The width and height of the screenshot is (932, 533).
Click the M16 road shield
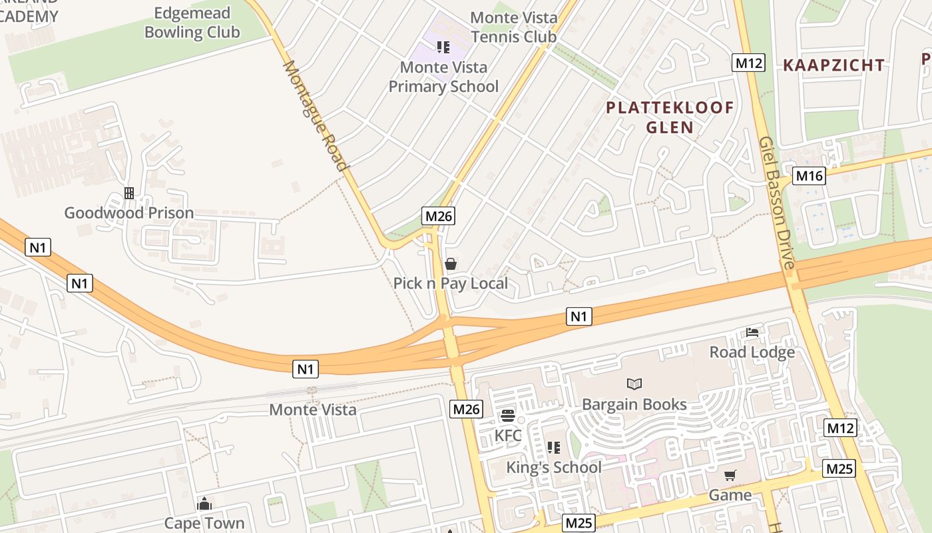pyautogui.click(x=809, y=176)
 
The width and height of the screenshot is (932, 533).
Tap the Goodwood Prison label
pyautogui.click(x=128, y=213)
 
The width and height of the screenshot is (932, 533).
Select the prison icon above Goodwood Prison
pyautogui.click(x=129, y=193)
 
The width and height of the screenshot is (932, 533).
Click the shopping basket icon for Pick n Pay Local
pyautogui.click(x=451, y=264)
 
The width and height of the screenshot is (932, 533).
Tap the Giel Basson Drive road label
pyautogui.click(x=777, y=203)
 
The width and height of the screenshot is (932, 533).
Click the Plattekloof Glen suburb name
pyautogui.click(x=670, y=117)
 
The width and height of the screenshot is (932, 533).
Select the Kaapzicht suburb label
pyautogui.click(x=833, y=65)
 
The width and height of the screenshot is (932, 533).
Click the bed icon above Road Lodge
pyautogui.click(x=752, y=332)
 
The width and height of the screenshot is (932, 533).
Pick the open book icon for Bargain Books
pyautogui.click(x=634, y=384)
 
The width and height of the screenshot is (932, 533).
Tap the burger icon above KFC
pyautogui.click(x=508, y=416)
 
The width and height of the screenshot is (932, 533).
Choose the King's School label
pyautogui.click(x=554, y=467)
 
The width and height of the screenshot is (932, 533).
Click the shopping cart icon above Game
pyautogui.click(x=730, y=475)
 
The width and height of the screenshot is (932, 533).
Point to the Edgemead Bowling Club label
pyautogui.click(x=192, y=23)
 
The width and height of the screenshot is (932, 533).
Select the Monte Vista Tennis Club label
pyautogui.click(x=513, y=27)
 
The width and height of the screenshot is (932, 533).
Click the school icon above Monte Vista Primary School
pyautogui.click(x=443, y=47)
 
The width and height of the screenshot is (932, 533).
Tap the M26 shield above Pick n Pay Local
pyautogui.click(x=439, y=215)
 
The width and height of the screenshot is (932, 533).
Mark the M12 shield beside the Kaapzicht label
pyautogui.click(x=749, y=63)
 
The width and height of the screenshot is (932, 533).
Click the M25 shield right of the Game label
pyautogui.click(x=838, y=468)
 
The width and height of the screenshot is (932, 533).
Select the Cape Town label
pyautogui.click(x=204, y=523)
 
